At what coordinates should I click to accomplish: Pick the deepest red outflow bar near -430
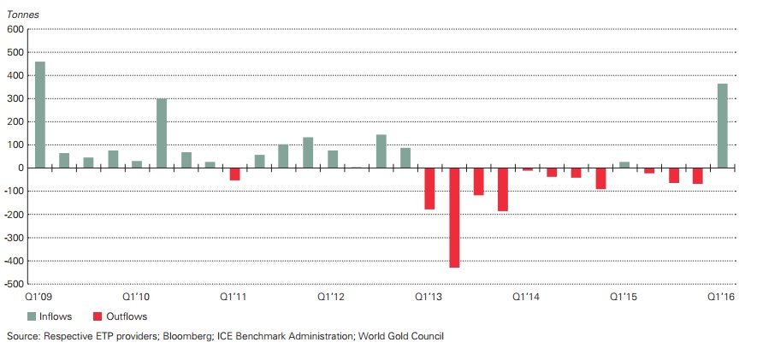[454, 217]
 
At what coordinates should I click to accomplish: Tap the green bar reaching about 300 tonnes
[162, 133]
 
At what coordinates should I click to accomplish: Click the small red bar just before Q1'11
[234, 174]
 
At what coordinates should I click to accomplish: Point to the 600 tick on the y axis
[15, 30]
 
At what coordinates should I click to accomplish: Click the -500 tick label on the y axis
[12, 283]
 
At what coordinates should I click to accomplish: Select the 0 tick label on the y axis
[20, 168]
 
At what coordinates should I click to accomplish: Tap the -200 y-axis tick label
[12, 214]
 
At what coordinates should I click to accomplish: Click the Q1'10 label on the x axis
[137, 297]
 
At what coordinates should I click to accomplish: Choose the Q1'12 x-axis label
[331, 297]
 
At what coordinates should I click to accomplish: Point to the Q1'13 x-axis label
[429, 297]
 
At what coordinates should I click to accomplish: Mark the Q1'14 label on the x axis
[526, 297]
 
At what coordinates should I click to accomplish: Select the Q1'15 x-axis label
[624, 297]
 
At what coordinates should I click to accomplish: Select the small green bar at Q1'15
[624, 164]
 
